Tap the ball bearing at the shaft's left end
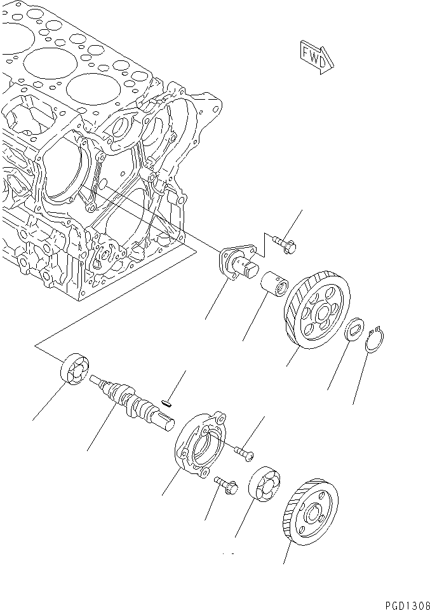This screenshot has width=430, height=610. click(x=74, y=369)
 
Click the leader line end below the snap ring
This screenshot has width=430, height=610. click(x=354, y=403)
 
